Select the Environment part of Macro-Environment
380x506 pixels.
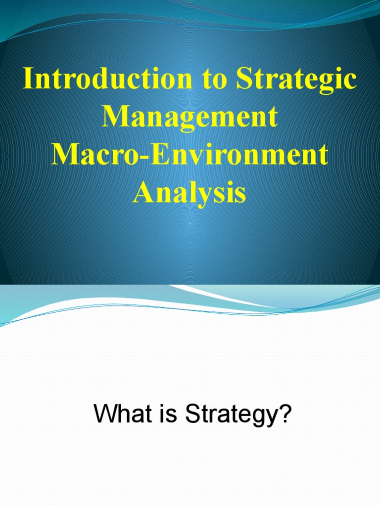point(237,155)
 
